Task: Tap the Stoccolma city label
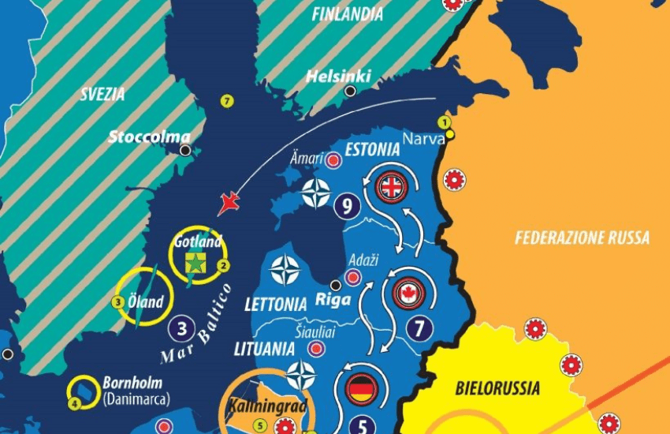point(149,137)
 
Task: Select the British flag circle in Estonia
point(391,187)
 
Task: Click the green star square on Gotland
point(194,261)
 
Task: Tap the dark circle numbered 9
point(347,207)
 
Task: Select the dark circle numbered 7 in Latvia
point(419,325)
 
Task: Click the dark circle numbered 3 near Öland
point(181,328)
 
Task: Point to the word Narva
point(419,139)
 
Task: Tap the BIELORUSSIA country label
point(497,387)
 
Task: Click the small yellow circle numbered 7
point(227,101)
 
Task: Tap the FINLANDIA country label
point(347,14)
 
